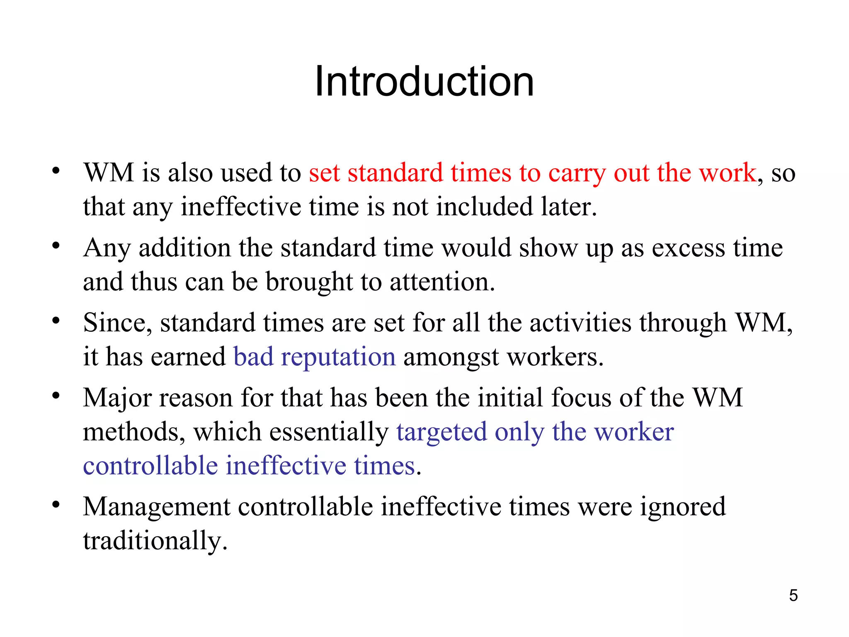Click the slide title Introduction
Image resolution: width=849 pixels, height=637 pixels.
424,82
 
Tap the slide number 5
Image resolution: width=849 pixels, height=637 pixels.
793,596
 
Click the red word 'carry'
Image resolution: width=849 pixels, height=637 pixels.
577,173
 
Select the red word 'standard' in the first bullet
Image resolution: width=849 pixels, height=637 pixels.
395,173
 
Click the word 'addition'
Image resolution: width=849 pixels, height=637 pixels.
184,248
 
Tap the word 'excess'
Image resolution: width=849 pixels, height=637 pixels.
688,248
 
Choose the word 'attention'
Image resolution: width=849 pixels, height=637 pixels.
442,282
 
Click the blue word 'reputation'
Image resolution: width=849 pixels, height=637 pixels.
338,357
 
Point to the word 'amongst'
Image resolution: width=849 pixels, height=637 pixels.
451,357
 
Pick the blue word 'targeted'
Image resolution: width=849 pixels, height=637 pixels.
441,432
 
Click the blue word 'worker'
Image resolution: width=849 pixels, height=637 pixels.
634,432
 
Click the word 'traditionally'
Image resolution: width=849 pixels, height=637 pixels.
155,541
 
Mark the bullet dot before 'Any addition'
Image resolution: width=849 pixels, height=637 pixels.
56,246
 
